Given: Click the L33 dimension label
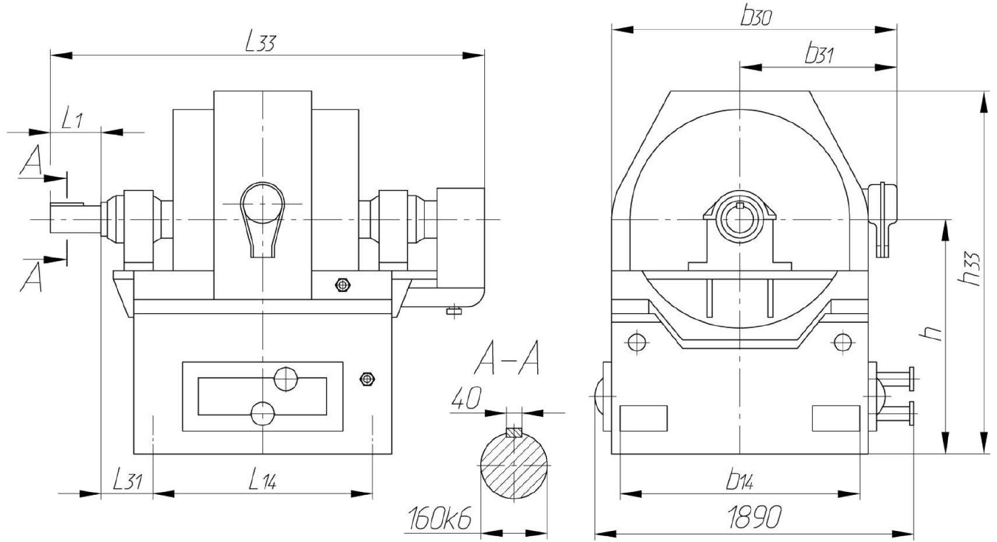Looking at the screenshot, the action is [260, 43].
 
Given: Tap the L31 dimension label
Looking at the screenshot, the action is [127, 481].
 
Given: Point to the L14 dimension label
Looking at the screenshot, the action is [262, 481].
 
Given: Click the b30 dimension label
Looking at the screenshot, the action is [756, 17].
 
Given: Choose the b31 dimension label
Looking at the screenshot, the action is [819, 55].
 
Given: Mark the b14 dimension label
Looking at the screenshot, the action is [739, 481].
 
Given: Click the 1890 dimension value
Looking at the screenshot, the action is [755, 518].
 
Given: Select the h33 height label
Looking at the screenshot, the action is [970, 269].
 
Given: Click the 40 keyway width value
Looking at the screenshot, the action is [466, 397].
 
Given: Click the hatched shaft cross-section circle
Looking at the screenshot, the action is [514, 466].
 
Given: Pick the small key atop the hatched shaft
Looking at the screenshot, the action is [514, 432].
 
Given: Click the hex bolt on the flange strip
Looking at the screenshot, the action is [342, 285].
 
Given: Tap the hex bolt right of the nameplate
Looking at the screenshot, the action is [367, 379].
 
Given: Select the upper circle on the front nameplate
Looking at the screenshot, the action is [286, 379].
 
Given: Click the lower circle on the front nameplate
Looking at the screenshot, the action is [263, 414].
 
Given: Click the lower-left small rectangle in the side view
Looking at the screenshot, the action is [643, 418].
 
